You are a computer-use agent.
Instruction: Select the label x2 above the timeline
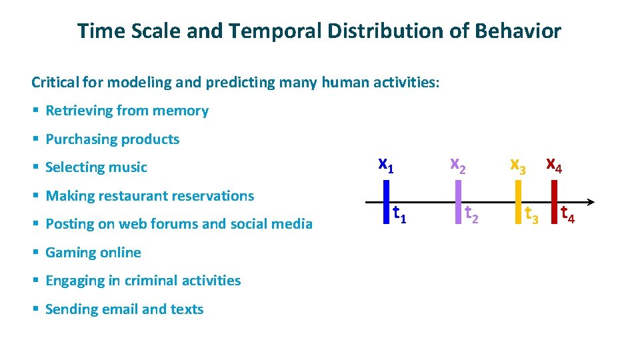coord(458,164)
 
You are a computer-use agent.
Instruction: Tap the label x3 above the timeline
coord(518,165)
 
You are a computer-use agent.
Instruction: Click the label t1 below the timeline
coord(400,214)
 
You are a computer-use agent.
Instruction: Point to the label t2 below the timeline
coord(471,214)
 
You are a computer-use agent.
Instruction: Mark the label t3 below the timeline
coord(531,215)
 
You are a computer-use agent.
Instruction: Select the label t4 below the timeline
coord(568,215)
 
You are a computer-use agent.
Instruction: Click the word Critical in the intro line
coord(55,83)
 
